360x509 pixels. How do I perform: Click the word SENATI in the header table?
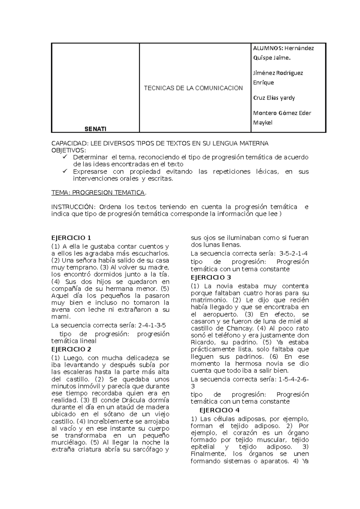[95, 129]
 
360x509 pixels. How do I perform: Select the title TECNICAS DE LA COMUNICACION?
[193, 88]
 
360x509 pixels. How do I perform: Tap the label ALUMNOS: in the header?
[268, 48]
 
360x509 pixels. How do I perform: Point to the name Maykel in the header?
[263, 123]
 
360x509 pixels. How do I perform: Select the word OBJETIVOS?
[69, 150]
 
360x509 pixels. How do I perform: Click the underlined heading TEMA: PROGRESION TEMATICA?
[98, 193]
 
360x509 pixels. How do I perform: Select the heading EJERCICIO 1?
[71, 238]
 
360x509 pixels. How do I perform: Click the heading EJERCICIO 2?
[71, 349]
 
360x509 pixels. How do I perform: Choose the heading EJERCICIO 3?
[211, 277]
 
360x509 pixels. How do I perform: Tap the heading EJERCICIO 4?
[219, 410]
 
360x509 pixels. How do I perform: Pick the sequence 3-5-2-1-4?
[293, 253]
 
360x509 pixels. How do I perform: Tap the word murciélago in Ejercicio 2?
[68, 442]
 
